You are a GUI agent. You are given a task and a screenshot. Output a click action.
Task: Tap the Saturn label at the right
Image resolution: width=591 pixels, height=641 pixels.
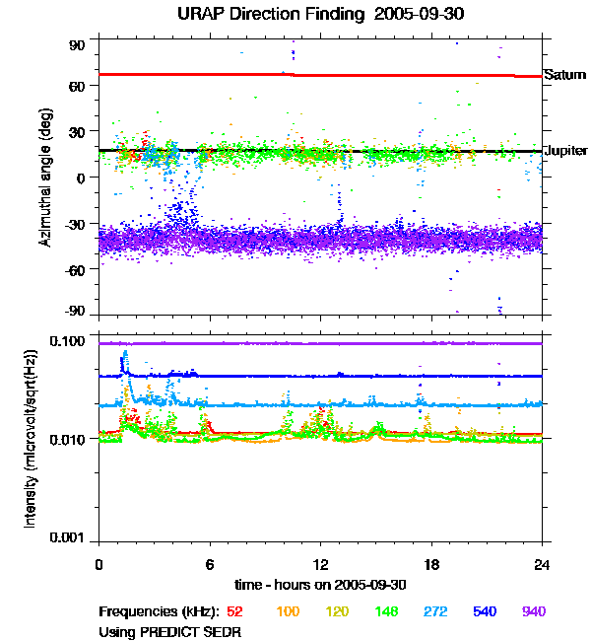pyautogui.click(x=564, y=75)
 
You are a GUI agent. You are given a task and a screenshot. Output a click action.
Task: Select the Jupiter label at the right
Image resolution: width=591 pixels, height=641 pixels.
pyautogui.click(x=566, y=151)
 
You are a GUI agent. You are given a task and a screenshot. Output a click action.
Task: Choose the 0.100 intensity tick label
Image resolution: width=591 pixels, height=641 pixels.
pyautogui.click(x=71, y=341)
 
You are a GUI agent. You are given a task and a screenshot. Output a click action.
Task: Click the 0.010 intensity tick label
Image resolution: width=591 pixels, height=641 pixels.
pyautogui.click(x=71, y=438)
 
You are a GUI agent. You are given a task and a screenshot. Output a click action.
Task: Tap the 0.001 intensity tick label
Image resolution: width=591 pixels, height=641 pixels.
pyautogui.click(x=71, y=538)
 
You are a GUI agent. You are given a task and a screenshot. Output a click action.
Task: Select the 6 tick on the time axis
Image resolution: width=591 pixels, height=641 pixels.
pyautogui.click(x=210, y=564)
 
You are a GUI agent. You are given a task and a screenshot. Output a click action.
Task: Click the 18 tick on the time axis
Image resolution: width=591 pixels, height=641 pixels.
pyautogui.click(x=430, y=564)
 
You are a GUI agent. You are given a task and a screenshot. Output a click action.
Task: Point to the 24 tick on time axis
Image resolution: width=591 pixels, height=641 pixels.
pyautogui.click(x=542, y=564)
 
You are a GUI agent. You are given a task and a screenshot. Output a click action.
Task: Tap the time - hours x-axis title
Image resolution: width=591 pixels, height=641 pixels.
pyautogui.click(x=320, y=586)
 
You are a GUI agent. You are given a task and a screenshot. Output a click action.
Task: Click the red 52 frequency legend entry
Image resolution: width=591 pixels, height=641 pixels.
pyautogui.click(x=235, y=611)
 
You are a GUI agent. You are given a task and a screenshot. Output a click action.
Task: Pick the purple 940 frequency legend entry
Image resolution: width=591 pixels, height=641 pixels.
pyautogui.click(x=533, y=611)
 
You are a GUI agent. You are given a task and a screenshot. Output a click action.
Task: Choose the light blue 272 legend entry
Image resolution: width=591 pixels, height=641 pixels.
pyautogui.click(x=434, y=611)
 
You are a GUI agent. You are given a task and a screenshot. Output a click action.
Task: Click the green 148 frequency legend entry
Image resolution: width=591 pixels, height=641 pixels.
pyautogui.click(x=385, y=611)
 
